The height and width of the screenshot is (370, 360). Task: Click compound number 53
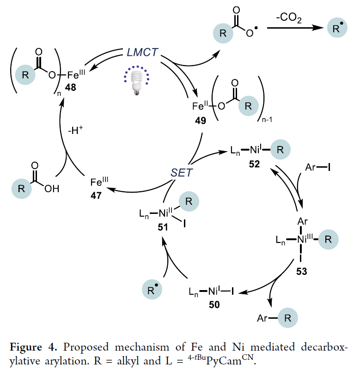click(301, 269)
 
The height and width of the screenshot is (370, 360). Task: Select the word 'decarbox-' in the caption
click(324, 346)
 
